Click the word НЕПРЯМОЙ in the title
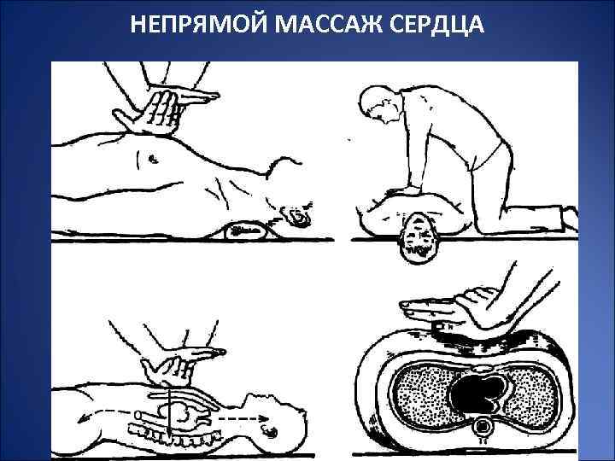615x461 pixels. point(198,24)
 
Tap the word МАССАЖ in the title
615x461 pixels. point(328,24)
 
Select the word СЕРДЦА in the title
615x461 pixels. point(437,25)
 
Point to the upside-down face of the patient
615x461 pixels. point(417,238)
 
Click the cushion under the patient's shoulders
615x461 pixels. point(246,230)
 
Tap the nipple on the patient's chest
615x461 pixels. point(152,159)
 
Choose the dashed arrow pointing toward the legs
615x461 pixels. point(104,415)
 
